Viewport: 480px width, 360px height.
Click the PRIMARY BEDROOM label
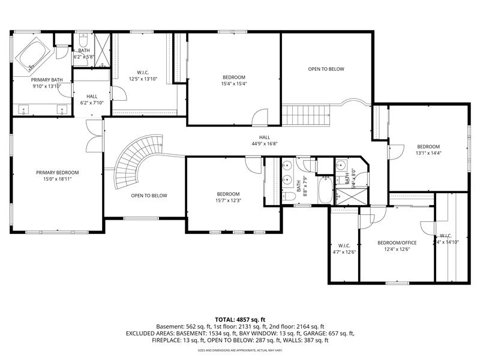pos(57,173)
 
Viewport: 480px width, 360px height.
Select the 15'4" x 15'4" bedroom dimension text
pos(234,84)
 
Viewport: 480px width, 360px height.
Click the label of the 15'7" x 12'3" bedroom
pos(228,197)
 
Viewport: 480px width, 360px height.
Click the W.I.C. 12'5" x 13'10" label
pos(143,76)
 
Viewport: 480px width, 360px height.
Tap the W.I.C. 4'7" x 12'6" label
pos(344,248)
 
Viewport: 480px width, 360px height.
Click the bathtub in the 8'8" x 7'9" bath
pos(325,191)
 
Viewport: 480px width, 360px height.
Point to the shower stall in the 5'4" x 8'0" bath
pos(346,196)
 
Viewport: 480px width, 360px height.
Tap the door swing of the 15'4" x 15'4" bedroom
pos(260,118)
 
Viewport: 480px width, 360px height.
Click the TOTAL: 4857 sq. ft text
pos(240,319)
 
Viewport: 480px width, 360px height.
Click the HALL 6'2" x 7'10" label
pos(92,99)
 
